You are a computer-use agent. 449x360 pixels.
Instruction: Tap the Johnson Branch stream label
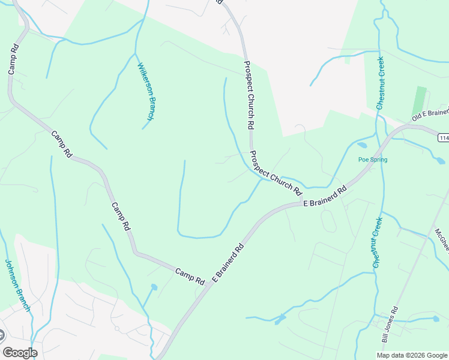(17, 285)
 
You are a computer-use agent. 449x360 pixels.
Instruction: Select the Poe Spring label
(373, 160)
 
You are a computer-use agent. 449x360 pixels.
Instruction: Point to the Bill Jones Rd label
(390, 326)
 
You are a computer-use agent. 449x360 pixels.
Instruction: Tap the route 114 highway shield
(444, 139)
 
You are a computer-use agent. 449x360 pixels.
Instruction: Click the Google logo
(19, 353)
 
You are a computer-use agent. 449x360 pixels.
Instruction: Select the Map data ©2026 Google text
(412, 355)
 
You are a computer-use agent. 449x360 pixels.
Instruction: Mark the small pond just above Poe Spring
(361, 145)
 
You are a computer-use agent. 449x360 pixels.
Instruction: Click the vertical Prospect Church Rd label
(249, 95)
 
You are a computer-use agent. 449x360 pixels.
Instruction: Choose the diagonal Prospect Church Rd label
(276, 173)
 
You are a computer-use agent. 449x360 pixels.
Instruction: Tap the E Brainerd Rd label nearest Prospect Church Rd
(325, 196)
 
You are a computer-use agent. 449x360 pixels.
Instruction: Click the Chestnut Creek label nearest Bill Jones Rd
(377, 242)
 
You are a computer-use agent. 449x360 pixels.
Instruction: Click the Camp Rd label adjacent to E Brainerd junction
(190, 276)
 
